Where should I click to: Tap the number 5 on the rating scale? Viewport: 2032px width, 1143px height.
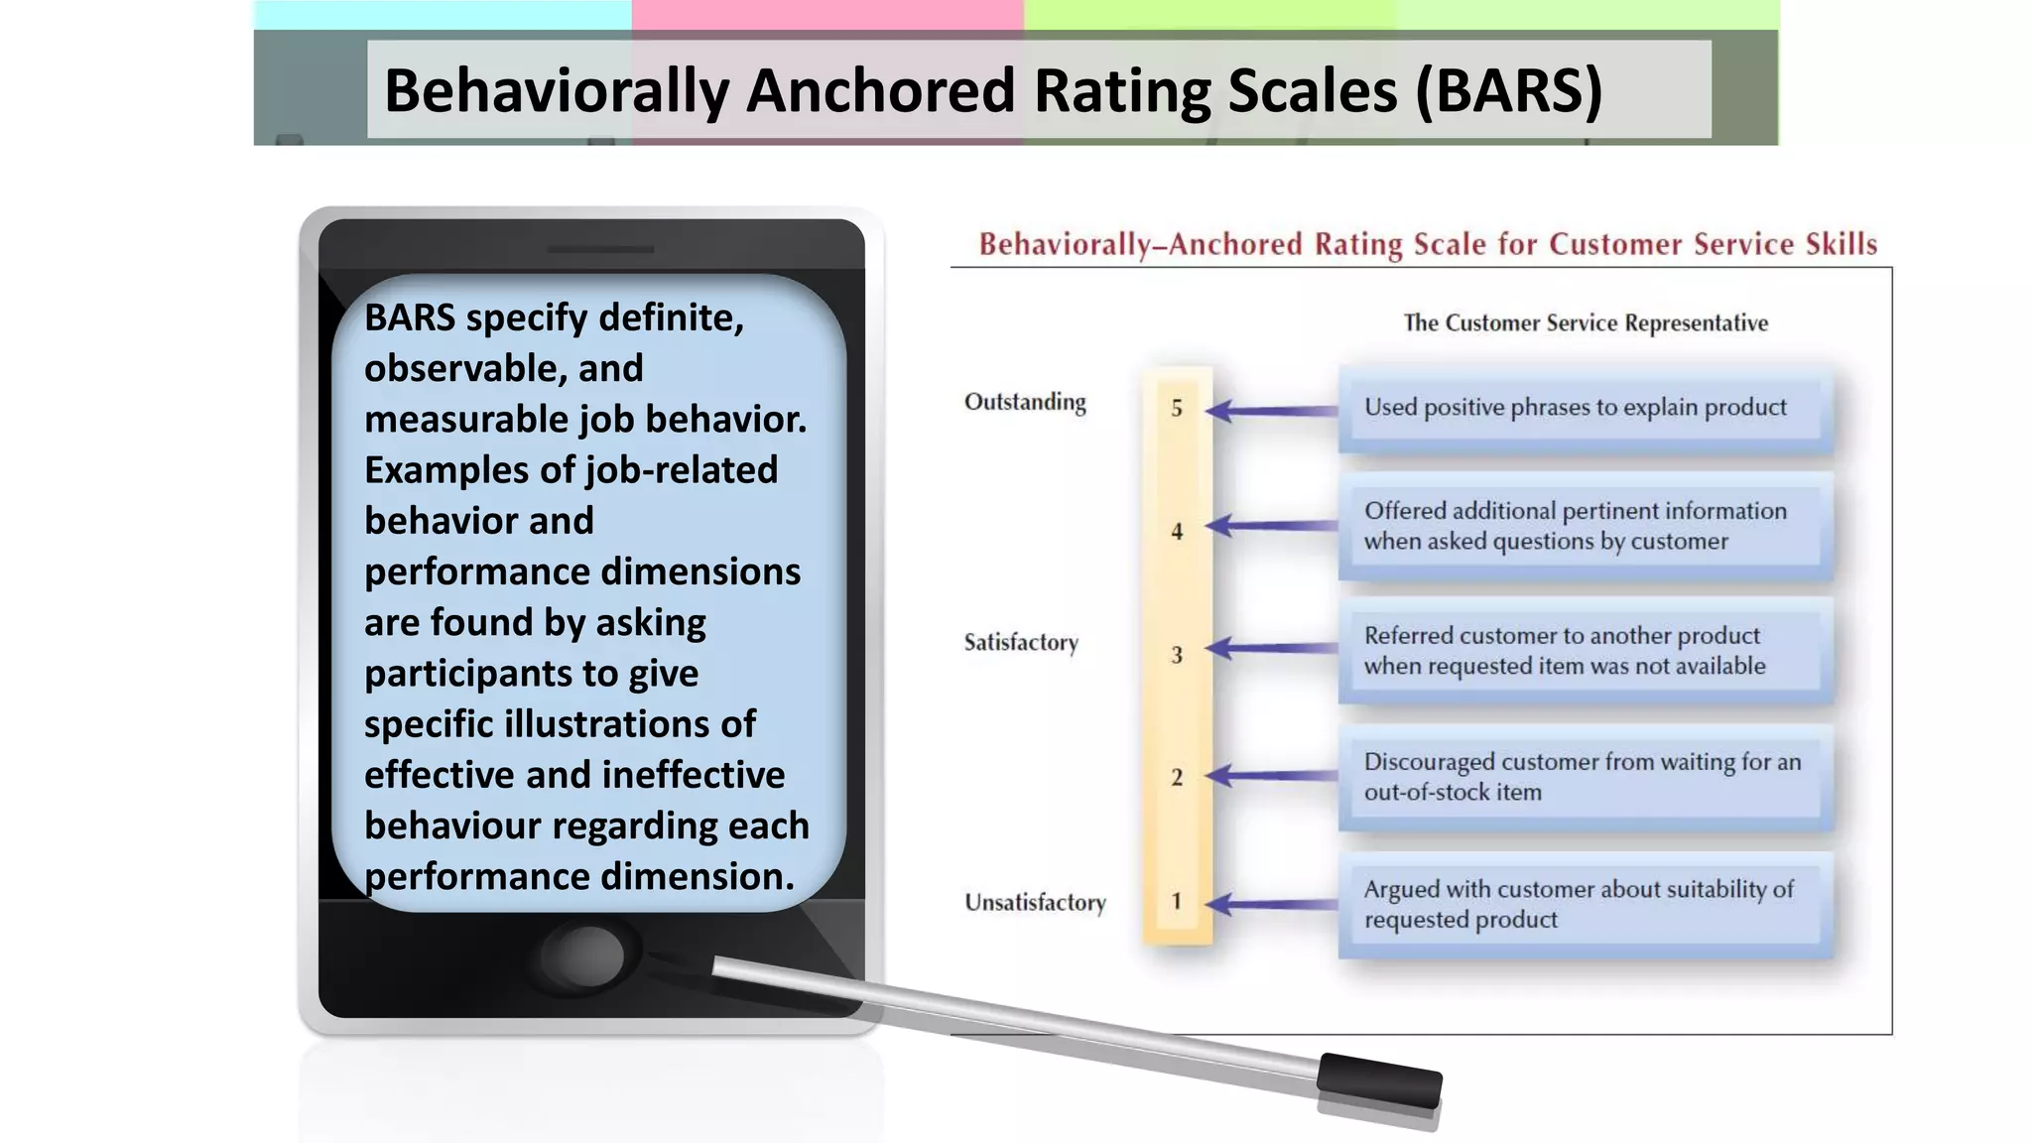[x=1177, y=408]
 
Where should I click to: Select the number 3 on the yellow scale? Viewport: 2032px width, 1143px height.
[x=1177, y=655]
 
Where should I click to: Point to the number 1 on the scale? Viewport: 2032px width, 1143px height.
[x=1177, y=901]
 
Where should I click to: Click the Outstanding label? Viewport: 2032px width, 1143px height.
[x=1025, y=402]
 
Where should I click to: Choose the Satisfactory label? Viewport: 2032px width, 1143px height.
[x=1021, y=642]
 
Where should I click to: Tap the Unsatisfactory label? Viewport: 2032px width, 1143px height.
[x=1035, y=902]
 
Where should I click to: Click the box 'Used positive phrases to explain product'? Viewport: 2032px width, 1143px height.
[x=1584, y=408]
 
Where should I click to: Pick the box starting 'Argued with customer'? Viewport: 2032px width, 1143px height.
[x=1584, y=904]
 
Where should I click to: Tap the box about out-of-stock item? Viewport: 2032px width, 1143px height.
[x=1584, y=777]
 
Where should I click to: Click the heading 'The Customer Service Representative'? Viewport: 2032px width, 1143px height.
[x=1585, y=323]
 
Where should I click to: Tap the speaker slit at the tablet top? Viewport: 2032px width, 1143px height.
[x=600, y=250]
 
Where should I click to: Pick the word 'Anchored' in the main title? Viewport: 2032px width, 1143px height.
[x=880, y=91]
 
